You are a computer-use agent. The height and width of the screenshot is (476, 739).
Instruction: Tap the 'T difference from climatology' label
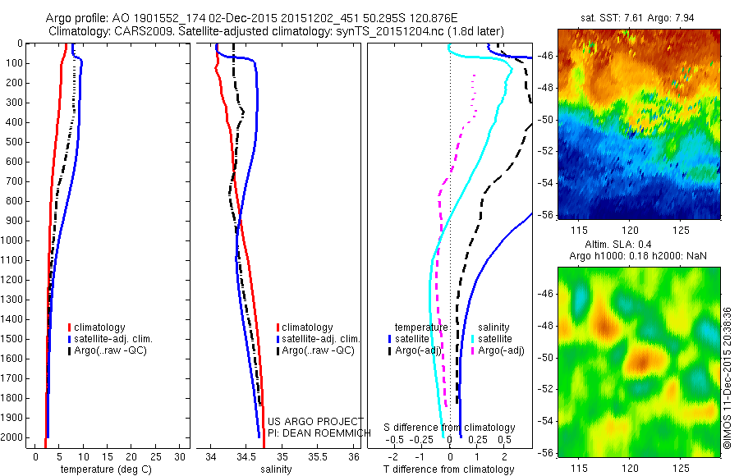(449, 469)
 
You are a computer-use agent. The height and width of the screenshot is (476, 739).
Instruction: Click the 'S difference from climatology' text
(450, 428)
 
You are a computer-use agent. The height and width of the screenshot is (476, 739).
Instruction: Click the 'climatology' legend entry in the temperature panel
(101, 327)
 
